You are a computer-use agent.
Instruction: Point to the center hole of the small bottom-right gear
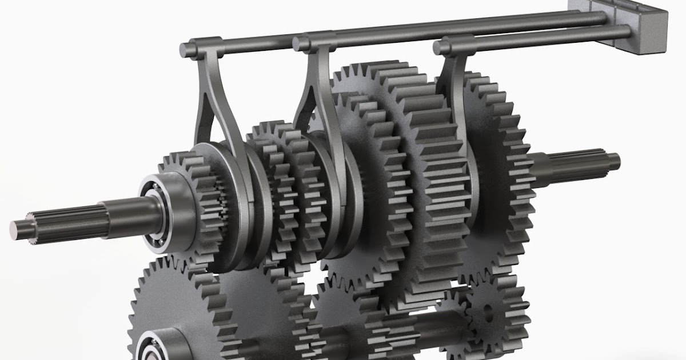(x=488, y=311)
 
